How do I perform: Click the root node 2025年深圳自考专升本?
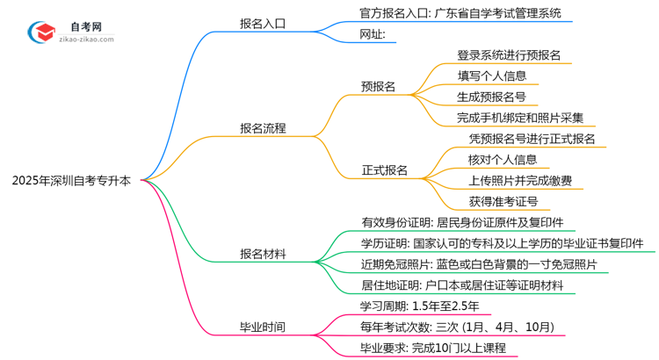coord(72,182)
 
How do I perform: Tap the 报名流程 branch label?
coord(262,128)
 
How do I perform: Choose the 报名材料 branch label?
coord(262,255)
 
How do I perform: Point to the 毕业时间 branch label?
coord(262,327)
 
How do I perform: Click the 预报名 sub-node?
coord(378,87)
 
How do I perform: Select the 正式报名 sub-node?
coord(384,169)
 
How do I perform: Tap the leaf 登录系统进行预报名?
coord(509,54)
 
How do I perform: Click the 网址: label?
coord(373,35)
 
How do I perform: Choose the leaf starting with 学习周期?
coord(419,306)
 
